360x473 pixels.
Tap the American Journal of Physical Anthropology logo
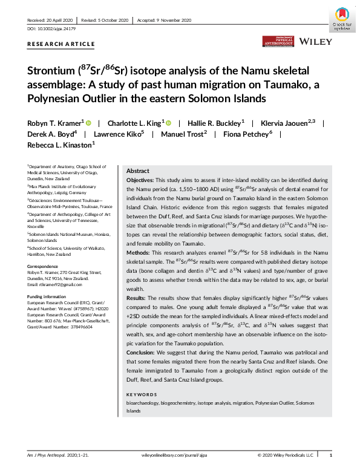click(278, 42)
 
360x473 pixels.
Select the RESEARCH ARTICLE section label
click(61, 44)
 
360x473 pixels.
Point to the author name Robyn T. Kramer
click(54, 122)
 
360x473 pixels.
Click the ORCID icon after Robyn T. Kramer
click(88, 122)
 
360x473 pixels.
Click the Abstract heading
click(137, 171)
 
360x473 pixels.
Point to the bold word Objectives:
click(141, 181)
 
